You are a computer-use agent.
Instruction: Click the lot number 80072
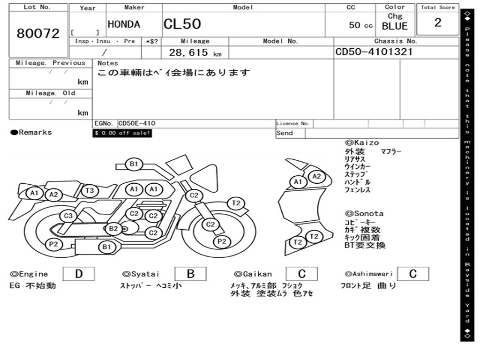tap(38, 33)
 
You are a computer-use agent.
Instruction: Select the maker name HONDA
tap(124, 24)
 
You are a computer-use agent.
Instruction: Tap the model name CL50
tap(182, 24)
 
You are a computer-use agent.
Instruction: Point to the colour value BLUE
tap(395, 26)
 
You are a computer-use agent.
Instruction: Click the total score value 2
tap(437, 22)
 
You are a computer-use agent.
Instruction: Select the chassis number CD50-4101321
tap(374, 52)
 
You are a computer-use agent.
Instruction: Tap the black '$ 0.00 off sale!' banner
tap(122, 133)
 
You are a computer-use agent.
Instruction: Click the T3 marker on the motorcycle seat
tap(90, 190)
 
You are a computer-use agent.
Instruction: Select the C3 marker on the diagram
tap(68, 216)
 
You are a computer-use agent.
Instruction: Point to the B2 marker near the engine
tap(113, 229)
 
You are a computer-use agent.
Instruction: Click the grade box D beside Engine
tap(78, 274)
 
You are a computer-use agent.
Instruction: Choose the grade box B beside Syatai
tap(190, 274)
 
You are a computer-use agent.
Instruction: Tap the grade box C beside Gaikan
tap(301, 274)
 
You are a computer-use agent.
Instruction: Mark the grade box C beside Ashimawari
tap(412, 274)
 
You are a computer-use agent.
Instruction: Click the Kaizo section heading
tap(362, 142)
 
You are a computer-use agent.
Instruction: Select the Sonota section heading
tap(364, 213)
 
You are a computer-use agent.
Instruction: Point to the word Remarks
tap(31, 133)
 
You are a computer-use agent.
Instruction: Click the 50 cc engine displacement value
tap(360, 25)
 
